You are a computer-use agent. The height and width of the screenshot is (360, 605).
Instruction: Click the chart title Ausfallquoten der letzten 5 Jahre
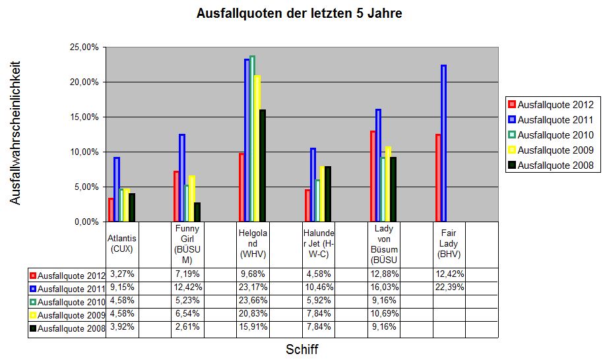(x=299, y=14)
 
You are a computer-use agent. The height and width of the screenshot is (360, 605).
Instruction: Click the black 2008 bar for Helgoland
(x=262, y=165)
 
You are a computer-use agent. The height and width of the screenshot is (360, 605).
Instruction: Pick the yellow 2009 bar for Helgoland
(x=257, y=148)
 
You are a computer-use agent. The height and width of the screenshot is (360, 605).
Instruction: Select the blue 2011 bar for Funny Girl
(x=181, y=178)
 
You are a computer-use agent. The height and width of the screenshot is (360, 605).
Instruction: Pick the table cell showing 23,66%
(x=252, y=301)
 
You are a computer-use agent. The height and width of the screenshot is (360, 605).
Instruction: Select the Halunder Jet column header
(x=318, y=244)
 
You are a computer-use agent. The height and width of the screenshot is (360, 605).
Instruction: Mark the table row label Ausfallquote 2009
(x=67, y=315)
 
